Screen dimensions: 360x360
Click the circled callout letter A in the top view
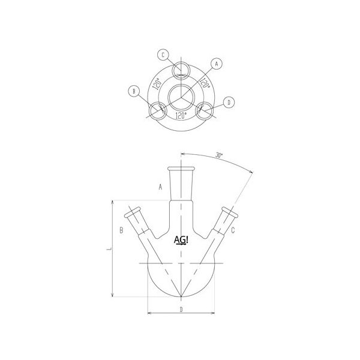pos(217,62)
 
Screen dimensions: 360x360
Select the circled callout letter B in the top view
pos(133,91)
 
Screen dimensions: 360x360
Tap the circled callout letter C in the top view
pos(163,55)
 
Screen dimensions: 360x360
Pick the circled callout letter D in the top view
pos(229,103)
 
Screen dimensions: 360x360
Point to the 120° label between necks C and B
pos(158,83)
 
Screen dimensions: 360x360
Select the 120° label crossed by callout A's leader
pos(203,83)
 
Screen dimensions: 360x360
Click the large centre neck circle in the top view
pos(181,96)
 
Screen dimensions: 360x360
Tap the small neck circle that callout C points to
pos(181,70)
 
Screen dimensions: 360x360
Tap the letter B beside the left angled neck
pos(122,230)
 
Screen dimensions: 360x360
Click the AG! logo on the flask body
pos(181,240)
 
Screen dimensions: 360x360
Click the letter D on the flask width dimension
pos(181,309)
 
